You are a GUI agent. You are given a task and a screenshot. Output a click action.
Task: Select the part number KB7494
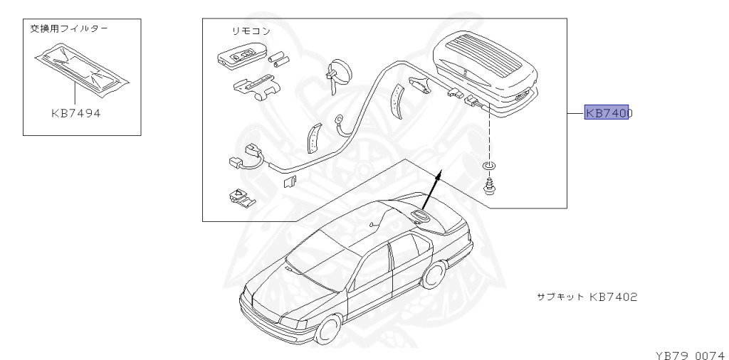click(75, 112)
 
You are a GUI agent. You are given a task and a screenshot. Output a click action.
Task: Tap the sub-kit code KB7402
click(612, 295)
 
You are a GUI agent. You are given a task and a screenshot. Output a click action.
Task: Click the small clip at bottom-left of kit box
click(239, 196)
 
